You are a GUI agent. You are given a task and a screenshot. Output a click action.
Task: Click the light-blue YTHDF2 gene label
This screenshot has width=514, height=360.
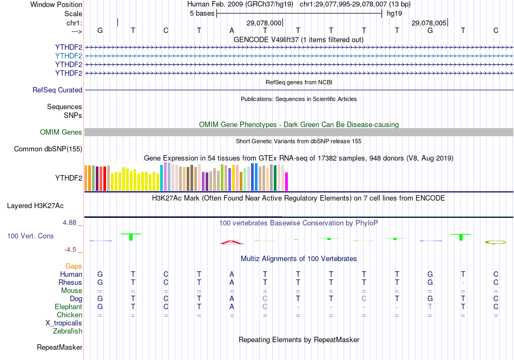tap(68, 56)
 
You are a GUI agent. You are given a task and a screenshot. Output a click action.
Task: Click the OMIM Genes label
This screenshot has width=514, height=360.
tap(61, 132)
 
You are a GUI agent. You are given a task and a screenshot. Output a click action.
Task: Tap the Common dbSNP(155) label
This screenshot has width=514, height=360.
tap(48, 149)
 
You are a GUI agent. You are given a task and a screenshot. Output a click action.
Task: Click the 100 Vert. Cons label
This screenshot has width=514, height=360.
tap(30, 236)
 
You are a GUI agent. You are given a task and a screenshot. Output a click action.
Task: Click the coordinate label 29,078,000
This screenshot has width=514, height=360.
tap(264, 23)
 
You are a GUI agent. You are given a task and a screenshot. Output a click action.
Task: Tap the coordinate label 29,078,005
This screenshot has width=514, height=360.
tap(429, 23)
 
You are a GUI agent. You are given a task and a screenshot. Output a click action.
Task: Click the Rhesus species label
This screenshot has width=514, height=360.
tap(70, 283)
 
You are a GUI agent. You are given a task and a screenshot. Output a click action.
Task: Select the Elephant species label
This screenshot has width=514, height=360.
tap(68, 307)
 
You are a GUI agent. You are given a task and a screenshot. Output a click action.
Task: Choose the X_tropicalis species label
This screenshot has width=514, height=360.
tap(64, 323)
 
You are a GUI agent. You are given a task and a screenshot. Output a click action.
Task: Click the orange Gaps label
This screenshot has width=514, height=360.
tap(74, 266)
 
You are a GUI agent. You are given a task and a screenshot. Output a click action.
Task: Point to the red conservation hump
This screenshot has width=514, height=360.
tap(232, 242)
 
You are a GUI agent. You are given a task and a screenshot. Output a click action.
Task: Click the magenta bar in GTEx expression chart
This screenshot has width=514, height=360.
tap(287, 182)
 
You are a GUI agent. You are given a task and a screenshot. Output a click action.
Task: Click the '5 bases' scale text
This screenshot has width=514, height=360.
tap(202, 14)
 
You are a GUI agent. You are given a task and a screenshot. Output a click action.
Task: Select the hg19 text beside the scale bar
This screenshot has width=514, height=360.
tap(391, 14)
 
